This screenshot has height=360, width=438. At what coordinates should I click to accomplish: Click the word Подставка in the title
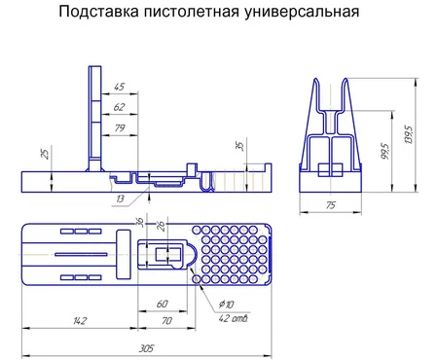click(99, 12)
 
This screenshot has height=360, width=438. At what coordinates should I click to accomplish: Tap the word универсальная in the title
click(302, 13)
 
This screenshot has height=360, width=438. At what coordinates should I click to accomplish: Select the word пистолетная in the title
click(192, 12)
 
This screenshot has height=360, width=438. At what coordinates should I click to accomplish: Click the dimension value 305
click(146, 348)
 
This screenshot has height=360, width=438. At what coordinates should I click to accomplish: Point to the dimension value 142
click(80, 321)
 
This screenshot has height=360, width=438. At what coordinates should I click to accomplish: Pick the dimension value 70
click(166, 321)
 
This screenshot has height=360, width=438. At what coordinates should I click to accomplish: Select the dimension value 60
click(162, 304)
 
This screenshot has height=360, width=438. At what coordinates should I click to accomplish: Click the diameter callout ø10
click(226, 305)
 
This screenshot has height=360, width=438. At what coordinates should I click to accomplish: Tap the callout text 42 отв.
click(234, 318)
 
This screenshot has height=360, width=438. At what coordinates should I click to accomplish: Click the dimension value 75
click(331, 205)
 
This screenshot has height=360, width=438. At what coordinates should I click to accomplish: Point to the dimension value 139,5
click(409, 134)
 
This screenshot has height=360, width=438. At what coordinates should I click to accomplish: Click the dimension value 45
click(119, 87)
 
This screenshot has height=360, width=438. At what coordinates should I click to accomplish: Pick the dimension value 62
click(119, 107)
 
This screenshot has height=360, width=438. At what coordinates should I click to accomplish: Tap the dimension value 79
click(120, 127)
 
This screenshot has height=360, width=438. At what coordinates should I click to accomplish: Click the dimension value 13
click(120, 198)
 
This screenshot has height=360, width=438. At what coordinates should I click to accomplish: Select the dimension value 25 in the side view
click(46, 154)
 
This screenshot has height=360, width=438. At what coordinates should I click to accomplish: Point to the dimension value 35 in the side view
click(240, 146)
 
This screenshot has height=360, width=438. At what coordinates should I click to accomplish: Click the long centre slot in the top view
click(81, 255)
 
